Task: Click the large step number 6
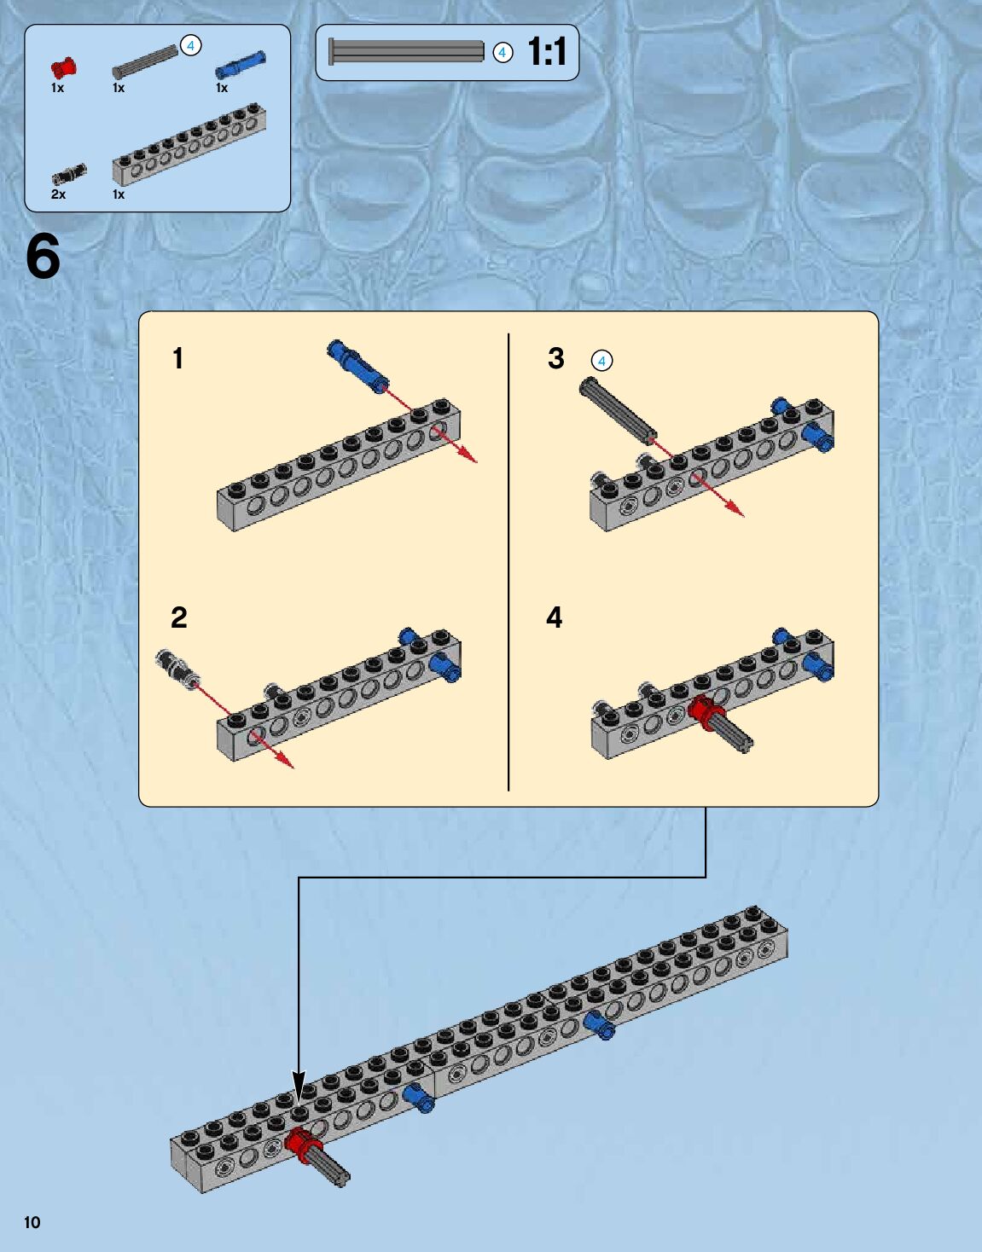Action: (43, 257)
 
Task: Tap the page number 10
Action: (32, 1222)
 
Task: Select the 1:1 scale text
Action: (547, 52)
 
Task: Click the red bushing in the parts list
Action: (62, 68)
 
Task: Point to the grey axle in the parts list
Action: (144, 63)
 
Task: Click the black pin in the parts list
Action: (68, 175)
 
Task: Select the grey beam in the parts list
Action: (189, 144)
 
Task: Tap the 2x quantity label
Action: (58, 194)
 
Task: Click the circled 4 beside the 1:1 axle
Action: (503, 53)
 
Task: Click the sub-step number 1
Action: (177, 358)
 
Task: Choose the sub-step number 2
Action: (178, 617)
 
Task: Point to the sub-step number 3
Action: (556, 358)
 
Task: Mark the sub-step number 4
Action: (555, 617)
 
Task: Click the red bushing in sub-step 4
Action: (706, 712)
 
